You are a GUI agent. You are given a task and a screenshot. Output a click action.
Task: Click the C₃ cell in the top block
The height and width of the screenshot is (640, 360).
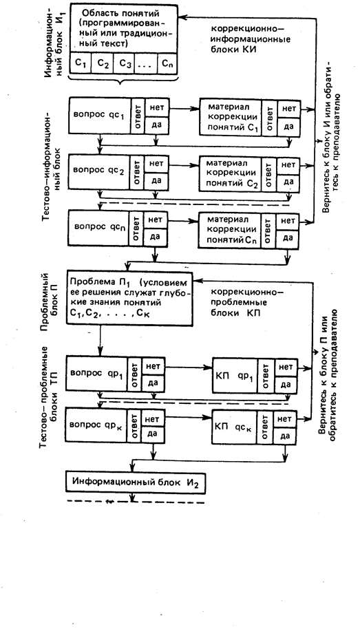point(124,63)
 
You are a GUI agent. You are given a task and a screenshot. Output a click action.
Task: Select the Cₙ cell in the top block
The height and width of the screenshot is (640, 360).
point(167,63)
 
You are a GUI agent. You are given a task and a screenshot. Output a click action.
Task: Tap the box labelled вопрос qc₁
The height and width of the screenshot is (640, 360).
point(100,116)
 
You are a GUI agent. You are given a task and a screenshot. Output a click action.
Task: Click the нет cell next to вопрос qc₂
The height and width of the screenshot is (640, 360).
point(156,164)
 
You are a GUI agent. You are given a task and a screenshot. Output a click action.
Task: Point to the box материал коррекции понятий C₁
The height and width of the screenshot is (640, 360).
point(230,117)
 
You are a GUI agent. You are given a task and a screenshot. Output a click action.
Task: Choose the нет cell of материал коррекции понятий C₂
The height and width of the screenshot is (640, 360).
point(288,165)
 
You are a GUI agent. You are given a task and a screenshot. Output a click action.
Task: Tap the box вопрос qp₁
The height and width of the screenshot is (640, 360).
point(96,373)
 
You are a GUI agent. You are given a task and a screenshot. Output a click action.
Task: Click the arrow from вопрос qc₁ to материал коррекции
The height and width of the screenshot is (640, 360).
point(184,109)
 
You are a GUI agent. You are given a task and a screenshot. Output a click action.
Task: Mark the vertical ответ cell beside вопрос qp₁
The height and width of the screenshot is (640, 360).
point(134,374)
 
